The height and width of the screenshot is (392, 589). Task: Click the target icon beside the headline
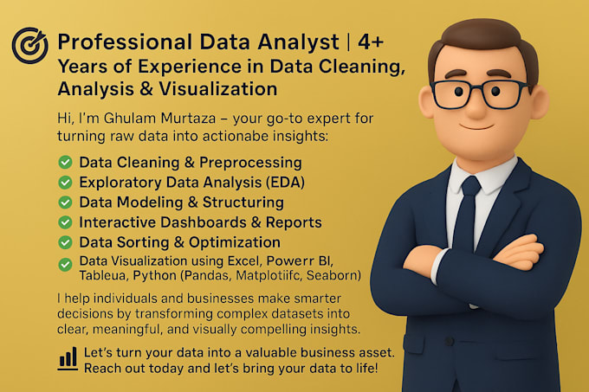tap(30, 44)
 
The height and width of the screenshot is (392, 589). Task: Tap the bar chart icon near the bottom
tap(67, 358)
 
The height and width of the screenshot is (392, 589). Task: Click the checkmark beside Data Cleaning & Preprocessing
tap(64, 162)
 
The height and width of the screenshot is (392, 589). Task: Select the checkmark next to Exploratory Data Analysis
tap(64, 182)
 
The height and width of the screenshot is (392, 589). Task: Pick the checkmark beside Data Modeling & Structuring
tap(64, 202)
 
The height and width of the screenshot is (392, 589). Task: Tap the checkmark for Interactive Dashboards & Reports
tap(64, 222)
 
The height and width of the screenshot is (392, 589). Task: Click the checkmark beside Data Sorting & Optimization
tap(64, 242)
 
